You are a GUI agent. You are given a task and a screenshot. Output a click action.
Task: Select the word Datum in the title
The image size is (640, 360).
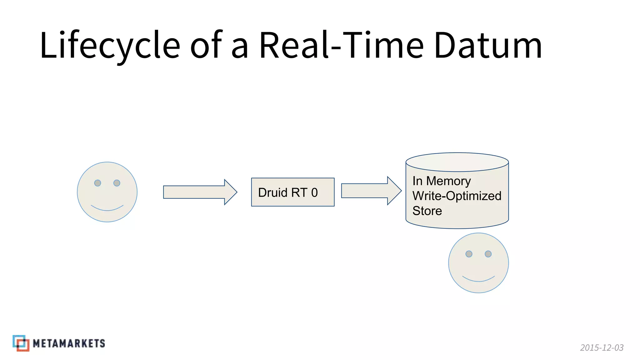(x=488, y=45)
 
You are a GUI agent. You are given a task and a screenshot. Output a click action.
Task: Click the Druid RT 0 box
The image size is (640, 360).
(x=292, y=192)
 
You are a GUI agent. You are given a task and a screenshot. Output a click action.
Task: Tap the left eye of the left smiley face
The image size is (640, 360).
(x=97, y=183)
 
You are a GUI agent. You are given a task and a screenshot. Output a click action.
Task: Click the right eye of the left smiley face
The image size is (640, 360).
(x=117, y=183)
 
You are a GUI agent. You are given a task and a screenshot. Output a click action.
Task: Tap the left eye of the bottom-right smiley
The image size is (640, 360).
(x=469, y=254)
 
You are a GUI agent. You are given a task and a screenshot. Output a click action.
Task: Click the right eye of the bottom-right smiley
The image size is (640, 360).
(x=488, y=254)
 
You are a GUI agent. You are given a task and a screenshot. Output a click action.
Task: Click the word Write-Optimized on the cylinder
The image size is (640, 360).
(x=457, y=196)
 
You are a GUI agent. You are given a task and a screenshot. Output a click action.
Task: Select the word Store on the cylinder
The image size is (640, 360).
(x=427, y=211)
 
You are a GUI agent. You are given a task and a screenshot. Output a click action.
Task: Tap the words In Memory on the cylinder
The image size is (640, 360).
(x=441, y=181)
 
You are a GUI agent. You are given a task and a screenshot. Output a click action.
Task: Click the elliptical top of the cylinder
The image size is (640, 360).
(x=457, y=162)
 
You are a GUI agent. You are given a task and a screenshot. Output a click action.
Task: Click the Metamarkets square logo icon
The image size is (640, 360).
(x=21, y=343)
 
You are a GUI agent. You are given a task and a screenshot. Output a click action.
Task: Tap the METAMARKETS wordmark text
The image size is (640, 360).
(x=69, y=343)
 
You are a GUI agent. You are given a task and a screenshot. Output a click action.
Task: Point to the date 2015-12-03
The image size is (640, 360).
(x=602, y=347)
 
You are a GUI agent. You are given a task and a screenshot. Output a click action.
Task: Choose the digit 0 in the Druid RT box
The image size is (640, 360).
(x=314, y=192)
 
